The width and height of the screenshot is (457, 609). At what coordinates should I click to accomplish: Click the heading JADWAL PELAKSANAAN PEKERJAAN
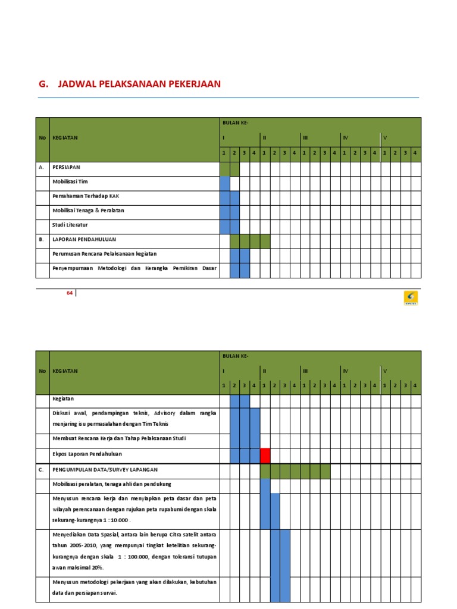coord(139,84)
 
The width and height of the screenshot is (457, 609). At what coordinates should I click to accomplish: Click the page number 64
coord(70,293)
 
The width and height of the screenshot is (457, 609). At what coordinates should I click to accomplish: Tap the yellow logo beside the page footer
coord(411,297)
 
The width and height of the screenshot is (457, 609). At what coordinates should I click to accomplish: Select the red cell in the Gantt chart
coord(265,456)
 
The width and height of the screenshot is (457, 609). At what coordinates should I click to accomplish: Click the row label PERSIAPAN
coord(66,168)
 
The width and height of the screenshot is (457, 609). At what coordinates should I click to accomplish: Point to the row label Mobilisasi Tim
coord(70,182)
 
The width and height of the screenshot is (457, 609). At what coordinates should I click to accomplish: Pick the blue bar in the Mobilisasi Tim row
coord(224,183)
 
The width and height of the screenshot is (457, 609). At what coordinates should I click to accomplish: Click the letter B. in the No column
coord(42,240)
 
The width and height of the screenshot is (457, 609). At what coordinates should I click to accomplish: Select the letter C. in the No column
coord(42,469)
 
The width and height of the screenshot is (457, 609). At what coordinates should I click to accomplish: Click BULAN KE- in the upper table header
coord(234,123)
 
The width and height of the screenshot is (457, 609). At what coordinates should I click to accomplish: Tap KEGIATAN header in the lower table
coord(65,371)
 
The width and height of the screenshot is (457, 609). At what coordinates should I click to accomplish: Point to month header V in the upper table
coord(385,138)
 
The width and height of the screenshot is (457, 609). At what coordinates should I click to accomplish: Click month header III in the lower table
coord(305,371)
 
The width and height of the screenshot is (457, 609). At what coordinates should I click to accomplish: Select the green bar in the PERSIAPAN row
coord(229,169)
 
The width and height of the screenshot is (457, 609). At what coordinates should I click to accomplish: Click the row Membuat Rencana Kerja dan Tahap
coord(119,439)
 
